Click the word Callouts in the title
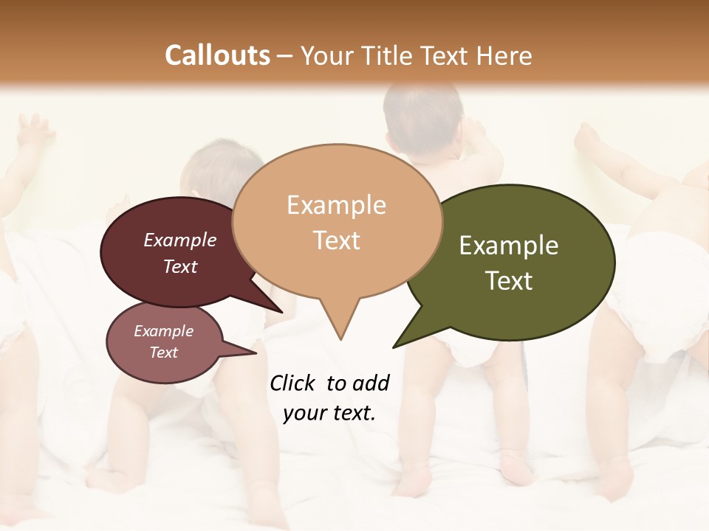(x=217, y=55)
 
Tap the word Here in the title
(x=504, y=55)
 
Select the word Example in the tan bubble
(x=336, y=205)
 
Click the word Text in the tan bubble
(x=336, y=240)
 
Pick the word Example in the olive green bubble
(x=509, y=246)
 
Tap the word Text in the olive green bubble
(x=509, y=281)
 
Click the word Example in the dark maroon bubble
(x=179, y=240)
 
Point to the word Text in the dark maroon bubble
(x=179, y=266)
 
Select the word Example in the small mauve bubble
(x=163, y=331)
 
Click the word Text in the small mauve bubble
(x=163, y=353)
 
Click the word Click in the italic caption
(x=294, y=383)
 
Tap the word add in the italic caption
(x=371, y=383)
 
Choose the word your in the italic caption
(x=304, y=413)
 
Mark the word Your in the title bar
(x=326, y=55)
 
